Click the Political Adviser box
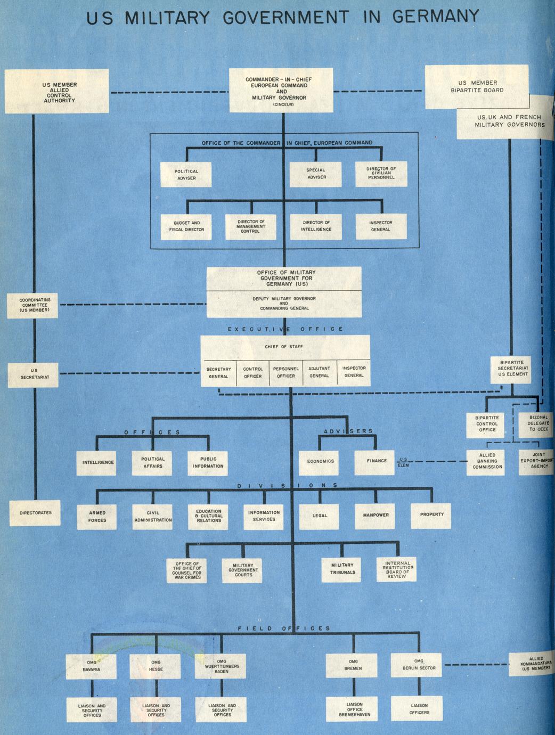[186, 175]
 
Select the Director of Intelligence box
[316, 226]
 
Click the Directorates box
[36, 513]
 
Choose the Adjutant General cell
[319, 372]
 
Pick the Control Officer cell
[253, 372]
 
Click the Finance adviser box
[377, 461]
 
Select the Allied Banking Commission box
[487, 461]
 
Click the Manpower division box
[376, 515]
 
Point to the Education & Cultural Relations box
[209, 516]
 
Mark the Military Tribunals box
[342, 569]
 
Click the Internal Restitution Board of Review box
[397, 569]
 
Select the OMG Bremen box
[353, 665]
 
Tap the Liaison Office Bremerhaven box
[354, 709]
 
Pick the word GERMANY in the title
[436, 17]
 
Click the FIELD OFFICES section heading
[284, 628]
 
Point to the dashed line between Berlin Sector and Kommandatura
[476, 664]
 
